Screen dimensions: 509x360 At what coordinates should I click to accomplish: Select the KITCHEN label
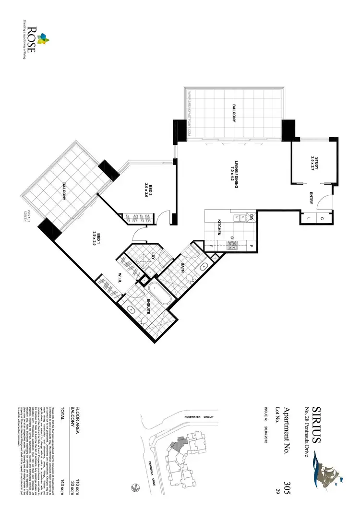(x=219, y=225)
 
